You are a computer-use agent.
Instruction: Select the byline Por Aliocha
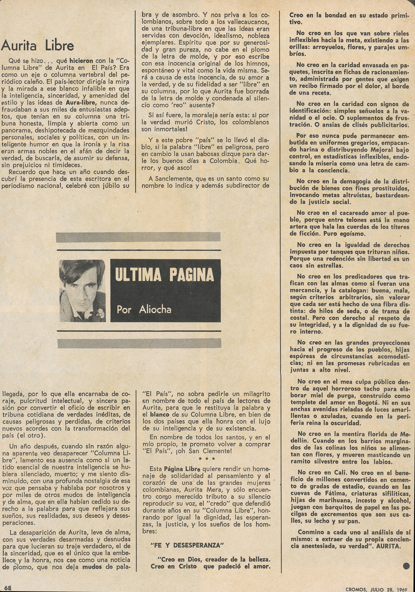pos(144,309)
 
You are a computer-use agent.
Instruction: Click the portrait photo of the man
pos(82,290)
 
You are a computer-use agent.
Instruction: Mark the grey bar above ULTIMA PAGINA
pos(138,237)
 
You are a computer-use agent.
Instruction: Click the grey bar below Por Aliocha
pos(138,343)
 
